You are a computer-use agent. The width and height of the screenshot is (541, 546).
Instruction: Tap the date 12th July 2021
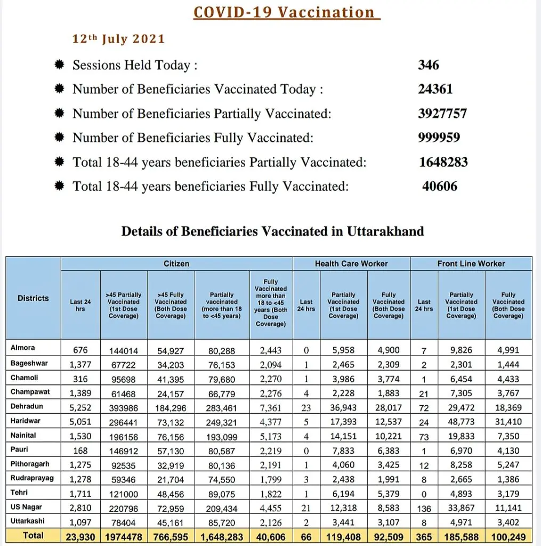118,39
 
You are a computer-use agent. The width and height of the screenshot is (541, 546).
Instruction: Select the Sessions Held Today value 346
429,65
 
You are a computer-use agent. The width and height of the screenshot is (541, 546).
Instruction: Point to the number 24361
435,89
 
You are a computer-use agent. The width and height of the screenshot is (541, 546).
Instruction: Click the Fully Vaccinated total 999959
439,138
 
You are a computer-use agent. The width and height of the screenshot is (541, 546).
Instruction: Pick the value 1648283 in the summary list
443,162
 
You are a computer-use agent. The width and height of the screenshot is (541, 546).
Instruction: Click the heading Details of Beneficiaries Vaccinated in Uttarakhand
273,231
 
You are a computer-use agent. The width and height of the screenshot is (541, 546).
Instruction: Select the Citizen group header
176,263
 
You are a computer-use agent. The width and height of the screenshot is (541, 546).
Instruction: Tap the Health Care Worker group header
351,263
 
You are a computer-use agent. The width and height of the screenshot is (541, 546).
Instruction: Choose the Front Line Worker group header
471,263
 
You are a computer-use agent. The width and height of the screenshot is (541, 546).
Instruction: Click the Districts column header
33,298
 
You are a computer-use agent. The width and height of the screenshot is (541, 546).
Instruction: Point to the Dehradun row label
27,406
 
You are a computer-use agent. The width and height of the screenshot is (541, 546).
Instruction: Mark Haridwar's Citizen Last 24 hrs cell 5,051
80,422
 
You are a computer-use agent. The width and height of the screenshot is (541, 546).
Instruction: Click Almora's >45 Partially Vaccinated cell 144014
124,350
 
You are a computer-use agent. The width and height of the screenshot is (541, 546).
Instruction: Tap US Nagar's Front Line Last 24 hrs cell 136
424,509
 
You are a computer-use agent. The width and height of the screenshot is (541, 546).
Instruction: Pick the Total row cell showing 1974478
124,537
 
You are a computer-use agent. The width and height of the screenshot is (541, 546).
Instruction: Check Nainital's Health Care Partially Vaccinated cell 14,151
344,436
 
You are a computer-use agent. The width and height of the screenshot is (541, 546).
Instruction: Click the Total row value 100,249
508,537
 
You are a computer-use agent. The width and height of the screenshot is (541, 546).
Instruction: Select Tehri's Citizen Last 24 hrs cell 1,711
80,494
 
